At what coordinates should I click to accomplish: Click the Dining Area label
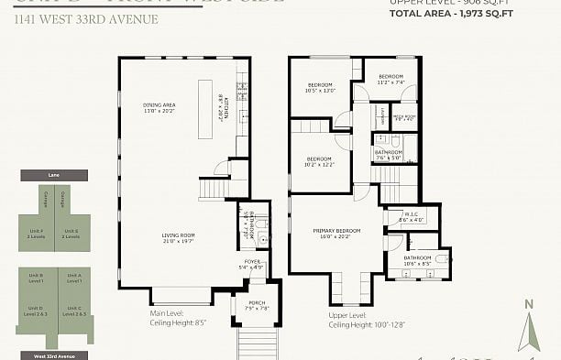[159, 109]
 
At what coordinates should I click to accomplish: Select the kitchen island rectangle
[204, 108]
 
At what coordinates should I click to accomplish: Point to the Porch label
[258, 305]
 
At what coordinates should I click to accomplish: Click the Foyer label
[251, 265]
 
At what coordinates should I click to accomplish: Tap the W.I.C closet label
[412, 218]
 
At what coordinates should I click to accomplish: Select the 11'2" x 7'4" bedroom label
[391, 79]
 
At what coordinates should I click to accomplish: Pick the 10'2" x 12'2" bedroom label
[320, 162]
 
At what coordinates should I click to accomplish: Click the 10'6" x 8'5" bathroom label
[417, 260]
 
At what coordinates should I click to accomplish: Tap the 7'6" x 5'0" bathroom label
[388, 155]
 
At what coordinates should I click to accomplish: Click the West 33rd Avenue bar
[53, 355]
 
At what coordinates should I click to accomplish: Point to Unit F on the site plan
[36, 233]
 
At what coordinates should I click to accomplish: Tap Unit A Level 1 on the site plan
[73, 277]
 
